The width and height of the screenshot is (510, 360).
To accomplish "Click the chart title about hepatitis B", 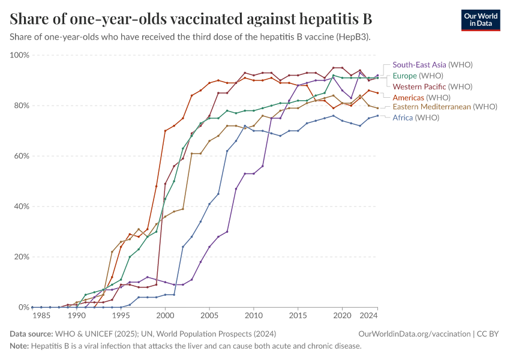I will point(191,19).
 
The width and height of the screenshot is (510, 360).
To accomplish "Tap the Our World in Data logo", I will point(480,20).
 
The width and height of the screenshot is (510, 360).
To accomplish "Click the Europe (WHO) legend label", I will point(418,76).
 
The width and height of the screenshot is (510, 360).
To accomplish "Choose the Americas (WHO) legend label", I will point(421,97).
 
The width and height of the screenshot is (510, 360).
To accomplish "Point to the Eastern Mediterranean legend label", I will point(445,107).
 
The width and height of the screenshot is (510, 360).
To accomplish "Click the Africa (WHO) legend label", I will point(416,118).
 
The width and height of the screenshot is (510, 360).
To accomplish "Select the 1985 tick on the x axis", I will point(41,315).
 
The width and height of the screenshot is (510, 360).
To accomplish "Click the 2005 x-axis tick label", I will point(209,315).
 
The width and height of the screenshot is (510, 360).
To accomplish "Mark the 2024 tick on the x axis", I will point(368,315).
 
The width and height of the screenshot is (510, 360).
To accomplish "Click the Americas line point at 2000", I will point(165,131).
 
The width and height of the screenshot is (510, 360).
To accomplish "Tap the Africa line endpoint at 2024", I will point(377,116).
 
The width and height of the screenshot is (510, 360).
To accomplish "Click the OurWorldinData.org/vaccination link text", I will point(414,334).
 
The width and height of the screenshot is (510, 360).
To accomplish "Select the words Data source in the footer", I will point(31,334).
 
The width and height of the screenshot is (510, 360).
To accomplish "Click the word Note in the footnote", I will point(20,346).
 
